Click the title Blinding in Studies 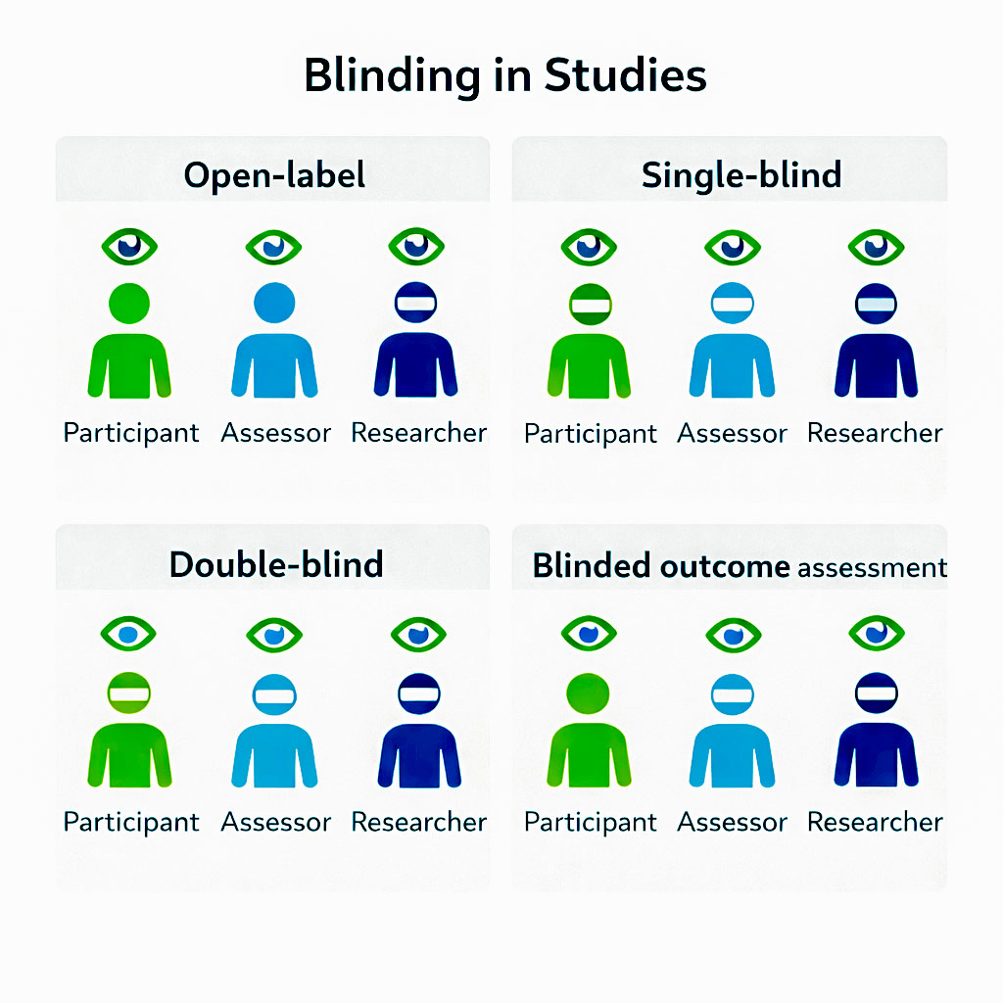click(504, 75)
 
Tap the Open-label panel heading click(274, 175)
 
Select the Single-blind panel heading click(741, 175)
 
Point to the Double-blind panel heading click(275, 564)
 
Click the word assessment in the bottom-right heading click(872, 567)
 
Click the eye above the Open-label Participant click(129, 245)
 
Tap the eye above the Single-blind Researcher click(876, 246)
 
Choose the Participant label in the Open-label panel click(131, 432)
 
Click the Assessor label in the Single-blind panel click(733, 433)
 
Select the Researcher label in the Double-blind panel click(419, 821)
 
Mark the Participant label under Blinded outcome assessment click(591, 822)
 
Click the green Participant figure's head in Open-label click(129, 303)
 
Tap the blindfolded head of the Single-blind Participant click(590, 305)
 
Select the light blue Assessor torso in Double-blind click(274, 754)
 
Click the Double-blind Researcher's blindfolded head click(419, 693)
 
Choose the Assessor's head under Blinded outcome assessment click(733, 694)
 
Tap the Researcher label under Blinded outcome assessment click(875, 822)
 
